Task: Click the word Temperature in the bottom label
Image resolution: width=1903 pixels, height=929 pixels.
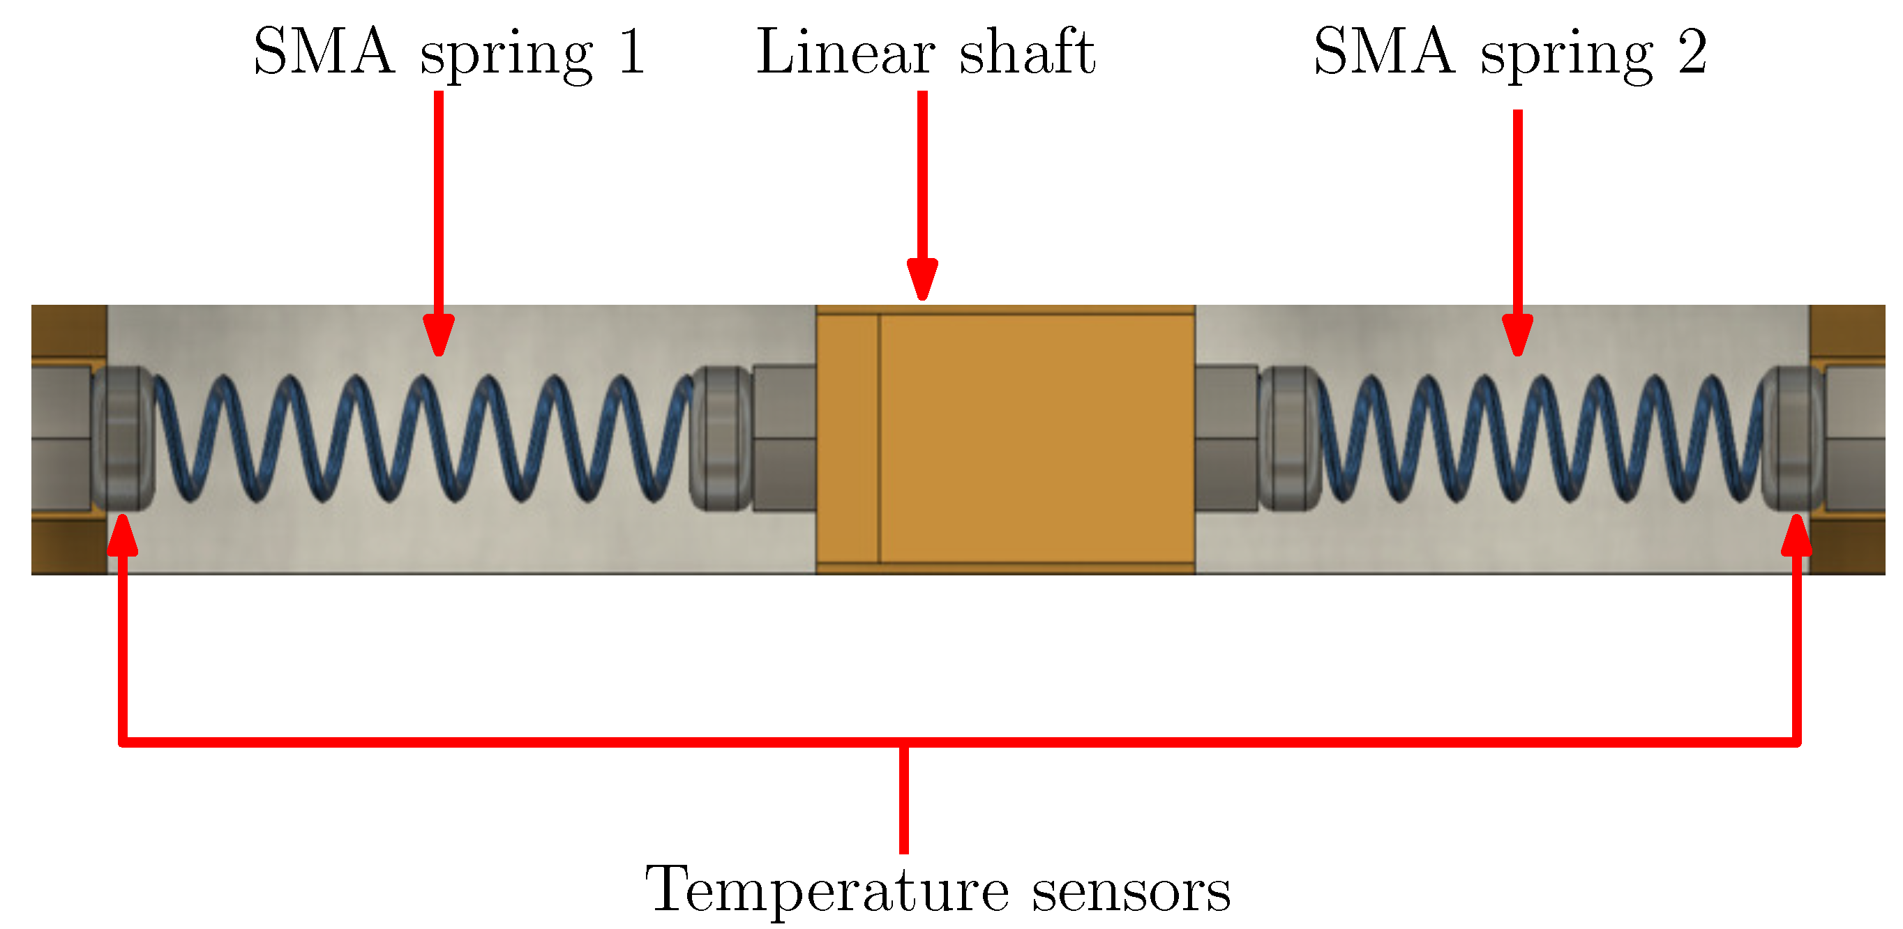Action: pos(826,891)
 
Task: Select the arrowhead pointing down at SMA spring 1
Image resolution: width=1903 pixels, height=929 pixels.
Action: pos(439,336)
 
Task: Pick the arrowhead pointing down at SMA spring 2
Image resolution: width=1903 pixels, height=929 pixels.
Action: pos(1517,336)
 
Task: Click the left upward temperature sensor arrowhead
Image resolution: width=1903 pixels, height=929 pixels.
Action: pos(123,536)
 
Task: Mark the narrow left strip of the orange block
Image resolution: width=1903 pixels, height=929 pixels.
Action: pos(848,439)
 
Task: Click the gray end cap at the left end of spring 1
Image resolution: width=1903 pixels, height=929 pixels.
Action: pos(123,439)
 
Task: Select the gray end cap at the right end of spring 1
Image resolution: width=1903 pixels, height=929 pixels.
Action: pos(721,439)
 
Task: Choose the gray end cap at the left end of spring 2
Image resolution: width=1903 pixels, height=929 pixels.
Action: pos(1289,439)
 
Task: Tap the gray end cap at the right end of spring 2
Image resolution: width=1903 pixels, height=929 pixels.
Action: pos(1792,439)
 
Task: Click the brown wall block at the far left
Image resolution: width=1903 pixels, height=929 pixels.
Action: pos(68,332)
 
